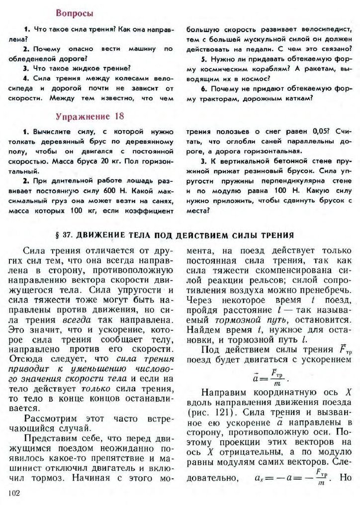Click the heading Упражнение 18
pyautogui.click(x=90, y=116)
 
